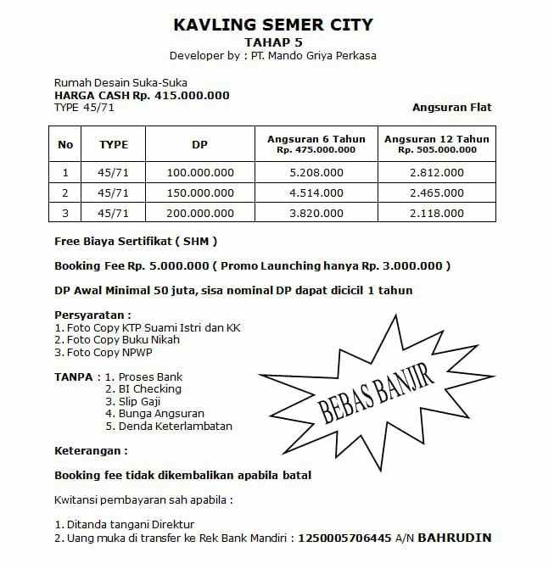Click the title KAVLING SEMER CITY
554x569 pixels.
pos(272,25)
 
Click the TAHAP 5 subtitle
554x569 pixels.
pos(273,42)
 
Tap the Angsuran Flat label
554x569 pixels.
pos(451,108)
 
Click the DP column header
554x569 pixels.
pos(199,144)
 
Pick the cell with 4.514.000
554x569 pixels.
pos(316,193)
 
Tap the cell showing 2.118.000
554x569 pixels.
pos(436,214)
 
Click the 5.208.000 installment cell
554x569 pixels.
pos(316,172)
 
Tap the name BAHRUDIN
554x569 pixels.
pos(455,538)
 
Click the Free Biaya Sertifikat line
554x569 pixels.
pos(136,241)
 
